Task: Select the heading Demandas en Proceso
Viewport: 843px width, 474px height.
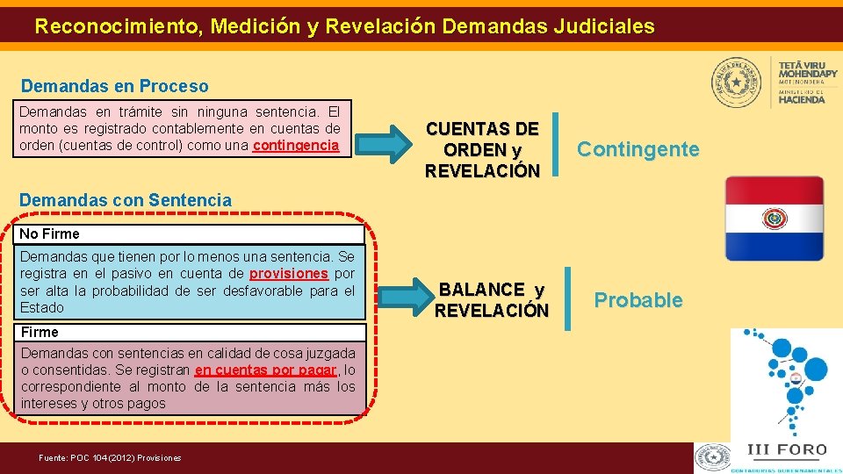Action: [115, 86]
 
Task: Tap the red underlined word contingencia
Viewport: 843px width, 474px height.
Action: [296, 146]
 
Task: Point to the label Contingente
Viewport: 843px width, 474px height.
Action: [638, 149]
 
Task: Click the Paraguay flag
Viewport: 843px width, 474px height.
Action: [775, 218]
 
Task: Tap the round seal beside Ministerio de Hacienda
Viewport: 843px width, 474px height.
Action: [737, 83]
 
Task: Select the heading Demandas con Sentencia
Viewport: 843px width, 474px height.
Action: [126, 200]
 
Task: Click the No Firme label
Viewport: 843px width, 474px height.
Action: [49, 234]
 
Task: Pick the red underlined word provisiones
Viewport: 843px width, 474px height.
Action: [289, 274]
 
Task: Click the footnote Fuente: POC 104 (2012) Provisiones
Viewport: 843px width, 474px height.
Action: [111, 457]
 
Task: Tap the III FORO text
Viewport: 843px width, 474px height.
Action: [786, 450]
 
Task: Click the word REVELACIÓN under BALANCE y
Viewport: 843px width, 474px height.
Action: [492, 311]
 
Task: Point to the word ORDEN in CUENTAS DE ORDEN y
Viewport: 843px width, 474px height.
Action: [476, 150]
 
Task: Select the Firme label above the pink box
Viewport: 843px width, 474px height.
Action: [40, 333]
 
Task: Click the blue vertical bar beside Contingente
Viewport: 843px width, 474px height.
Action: [555, 144]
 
